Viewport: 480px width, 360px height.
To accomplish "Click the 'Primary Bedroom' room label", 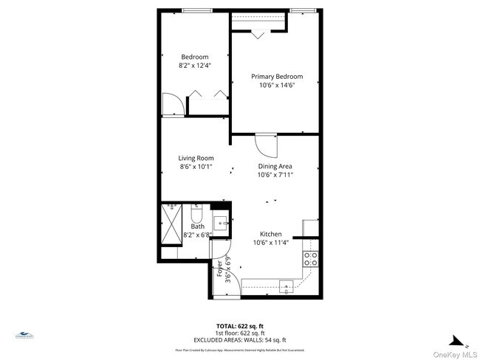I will [x=274, y=76].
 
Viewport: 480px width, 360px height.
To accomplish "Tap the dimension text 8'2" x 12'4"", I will [x=194, y=66].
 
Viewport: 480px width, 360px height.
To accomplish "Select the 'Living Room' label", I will [x=196, y=158].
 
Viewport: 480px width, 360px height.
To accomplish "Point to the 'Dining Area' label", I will [x=275, y=167].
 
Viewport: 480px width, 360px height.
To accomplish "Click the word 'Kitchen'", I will [x=270, y=234].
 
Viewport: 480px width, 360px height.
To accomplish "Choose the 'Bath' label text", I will [x=197, y=226].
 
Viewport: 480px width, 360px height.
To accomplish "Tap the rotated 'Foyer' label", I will [x=219, y=269].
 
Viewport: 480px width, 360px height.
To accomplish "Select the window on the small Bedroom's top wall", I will [x=195, y=10].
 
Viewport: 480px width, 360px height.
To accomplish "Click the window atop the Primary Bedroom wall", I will [x=300, y=10].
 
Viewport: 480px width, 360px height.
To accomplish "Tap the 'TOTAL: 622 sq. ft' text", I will [x=239, y=325].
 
